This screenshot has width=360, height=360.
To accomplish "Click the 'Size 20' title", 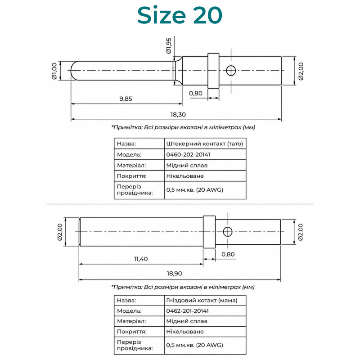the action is [180, 15].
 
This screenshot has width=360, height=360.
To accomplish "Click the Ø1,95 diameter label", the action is [169, 46].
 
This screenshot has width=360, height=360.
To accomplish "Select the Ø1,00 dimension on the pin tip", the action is [54, 71].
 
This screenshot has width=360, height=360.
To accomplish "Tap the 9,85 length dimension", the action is [126, 99].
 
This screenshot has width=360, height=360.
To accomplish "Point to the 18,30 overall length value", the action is [178, 114].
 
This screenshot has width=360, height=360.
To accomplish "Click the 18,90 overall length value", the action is [174, 274].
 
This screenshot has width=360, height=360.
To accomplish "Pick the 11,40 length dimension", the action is [141, 259].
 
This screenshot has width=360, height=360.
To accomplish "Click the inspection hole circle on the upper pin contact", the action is [231, 71].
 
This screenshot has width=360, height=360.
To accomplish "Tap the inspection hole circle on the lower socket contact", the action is [228, 232].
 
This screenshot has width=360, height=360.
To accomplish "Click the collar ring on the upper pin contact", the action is [213, 71].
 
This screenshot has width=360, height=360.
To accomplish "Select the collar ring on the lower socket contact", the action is [209, 232].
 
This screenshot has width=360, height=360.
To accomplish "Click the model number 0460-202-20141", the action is [188, 154].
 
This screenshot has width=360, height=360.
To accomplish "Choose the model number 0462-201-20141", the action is [187, 311].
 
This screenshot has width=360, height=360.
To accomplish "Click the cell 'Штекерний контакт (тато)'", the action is [205, 144].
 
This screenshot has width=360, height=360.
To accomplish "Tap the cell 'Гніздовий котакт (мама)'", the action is [202, 300].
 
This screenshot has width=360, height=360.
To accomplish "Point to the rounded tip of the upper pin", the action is [71, 71].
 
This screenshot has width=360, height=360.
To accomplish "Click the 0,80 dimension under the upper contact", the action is [196, 93].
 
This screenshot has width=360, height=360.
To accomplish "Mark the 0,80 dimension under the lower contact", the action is [228, 254].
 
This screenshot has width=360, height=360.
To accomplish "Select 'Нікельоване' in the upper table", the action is [185, 176].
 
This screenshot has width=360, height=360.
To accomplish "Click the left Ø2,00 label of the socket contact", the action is [60, 232].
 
